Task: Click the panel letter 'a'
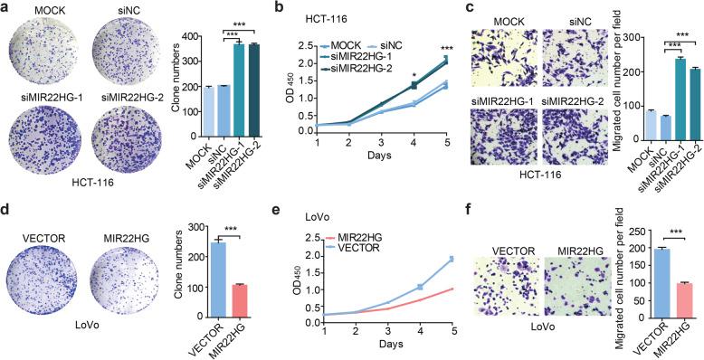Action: tap(6, 8)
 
